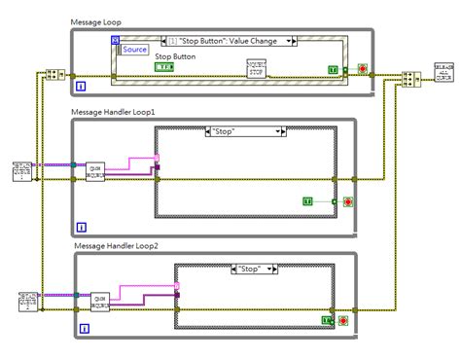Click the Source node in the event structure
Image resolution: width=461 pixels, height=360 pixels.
134,49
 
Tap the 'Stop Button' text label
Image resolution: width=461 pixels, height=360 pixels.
176,56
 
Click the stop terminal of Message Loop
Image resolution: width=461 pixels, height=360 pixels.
363,70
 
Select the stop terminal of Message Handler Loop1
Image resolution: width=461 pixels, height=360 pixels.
348,201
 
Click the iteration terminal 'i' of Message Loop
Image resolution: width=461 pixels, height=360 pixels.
81,86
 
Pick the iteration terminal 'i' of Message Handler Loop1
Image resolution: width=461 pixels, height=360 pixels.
81,227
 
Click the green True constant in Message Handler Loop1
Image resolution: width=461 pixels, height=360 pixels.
308,200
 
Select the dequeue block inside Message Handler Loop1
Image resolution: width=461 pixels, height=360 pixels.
96,168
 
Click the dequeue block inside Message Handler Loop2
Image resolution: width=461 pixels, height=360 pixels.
101,301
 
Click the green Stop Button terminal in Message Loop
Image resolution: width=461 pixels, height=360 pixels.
164,67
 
